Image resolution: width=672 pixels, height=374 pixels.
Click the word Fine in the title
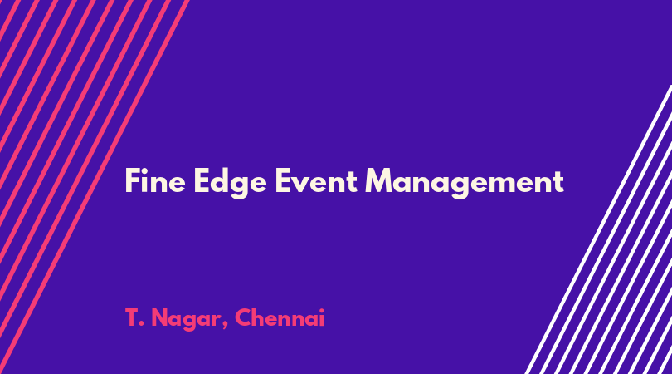pos(155,180)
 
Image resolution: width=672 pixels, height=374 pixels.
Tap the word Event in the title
pos(316,181)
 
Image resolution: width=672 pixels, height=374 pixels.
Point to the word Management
pos(465,183)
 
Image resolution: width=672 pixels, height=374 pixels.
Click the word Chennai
pos(280,317)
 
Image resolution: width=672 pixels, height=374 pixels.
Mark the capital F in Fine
pos(133,180)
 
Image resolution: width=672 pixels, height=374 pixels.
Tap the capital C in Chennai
pos(243,317)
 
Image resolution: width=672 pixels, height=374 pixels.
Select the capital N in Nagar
pos(160,317)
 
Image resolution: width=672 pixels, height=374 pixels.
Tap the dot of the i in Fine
pos(147,170)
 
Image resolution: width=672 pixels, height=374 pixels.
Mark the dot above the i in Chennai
pos(321,310)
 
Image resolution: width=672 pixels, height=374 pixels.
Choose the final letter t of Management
pos(558,182)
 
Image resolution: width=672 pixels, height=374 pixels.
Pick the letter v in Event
pos(304,184)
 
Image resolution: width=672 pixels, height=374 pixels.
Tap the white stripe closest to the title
pos(598,229)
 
